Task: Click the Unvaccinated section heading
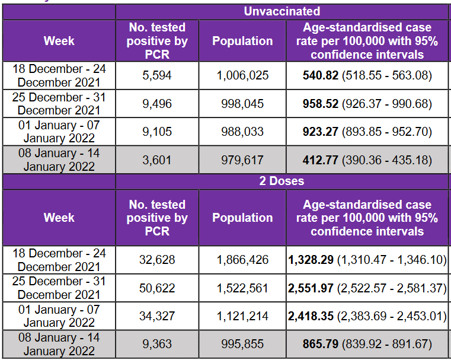tap(282, 11)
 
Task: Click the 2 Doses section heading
tap(282, 181)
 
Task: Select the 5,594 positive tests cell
tap(157, 75)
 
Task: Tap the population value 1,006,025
tap(242, 75)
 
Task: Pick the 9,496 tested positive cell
tap(157, 104)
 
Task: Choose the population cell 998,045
tap(242, 104)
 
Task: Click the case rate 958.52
tap(321, 104)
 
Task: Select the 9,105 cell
tap(157, 132)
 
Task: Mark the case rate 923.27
tap(321, 132)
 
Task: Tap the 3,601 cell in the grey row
tap(157, 160)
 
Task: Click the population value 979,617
tap(242, 160)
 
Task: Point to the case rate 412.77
tap(321, 160)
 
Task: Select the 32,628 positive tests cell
tap(157, 260)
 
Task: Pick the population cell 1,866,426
tap(242, 260)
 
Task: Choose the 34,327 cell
tap(157, 316)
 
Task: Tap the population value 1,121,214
tap(242, 316)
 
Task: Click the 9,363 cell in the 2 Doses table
tap(157, 344)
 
